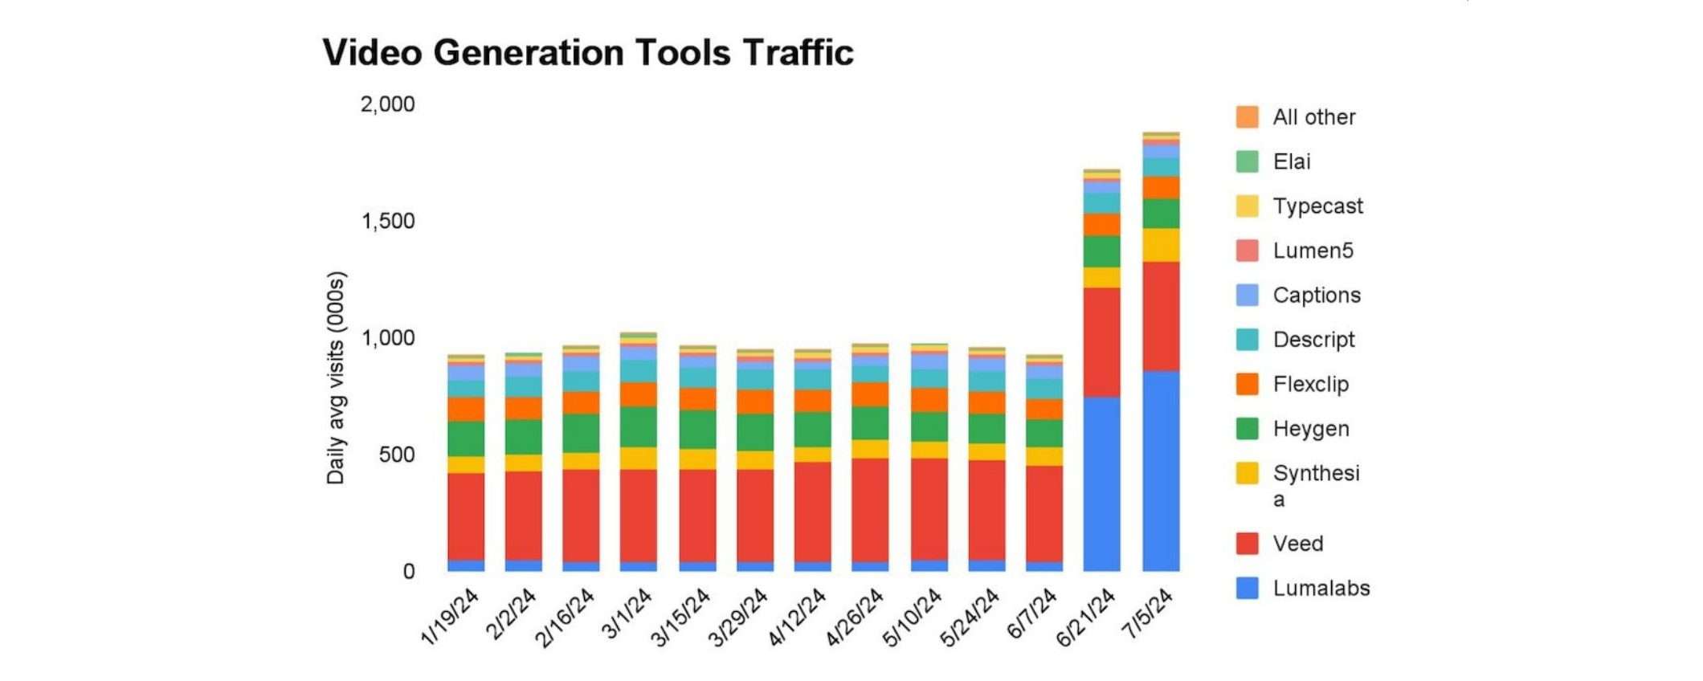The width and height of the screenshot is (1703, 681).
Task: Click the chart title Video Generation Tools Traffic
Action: pyautogui.click(x=587, y=53)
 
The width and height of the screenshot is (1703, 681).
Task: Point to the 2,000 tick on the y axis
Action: pyautogui.click(x=387, y=104)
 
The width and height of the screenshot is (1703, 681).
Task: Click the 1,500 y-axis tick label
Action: pyautogui.click(x=387, y=221)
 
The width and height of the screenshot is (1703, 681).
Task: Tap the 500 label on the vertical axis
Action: pyautogui.click(x=396, y=455)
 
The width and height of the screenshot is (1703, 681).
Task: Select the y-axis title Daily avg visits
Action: pyautogui.click(x=336, y=377)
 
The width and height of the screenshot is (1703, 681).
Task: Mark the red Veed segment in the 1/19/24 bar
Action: pyautogui.click(x=466, y=516)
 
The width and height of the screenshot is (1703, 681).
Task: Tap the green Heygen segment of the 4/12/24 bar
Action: pyautogui.click(x=812, y=429)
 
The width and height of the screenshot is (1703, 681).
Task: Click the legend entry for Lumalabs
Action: pyautogui.click(x=1321, y=588)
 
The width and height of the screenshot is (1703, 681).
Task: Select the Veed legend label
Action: pyautogui.click(x=1297, y=544)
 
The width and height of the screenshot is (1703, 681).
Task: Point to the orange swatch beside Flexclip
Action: pyautogui.click(x=1247, y=384)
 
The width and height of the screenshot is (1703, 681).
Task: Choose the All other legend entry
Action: pyautogui.click(x=1313, y=117)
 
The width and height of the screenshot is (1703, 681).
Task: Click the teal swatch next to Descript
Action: pyautogui.click(x=1247, y=340)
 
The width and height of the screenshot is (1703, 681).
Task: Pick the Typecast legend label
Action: pyautogui.click(x=1317, y=206)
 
